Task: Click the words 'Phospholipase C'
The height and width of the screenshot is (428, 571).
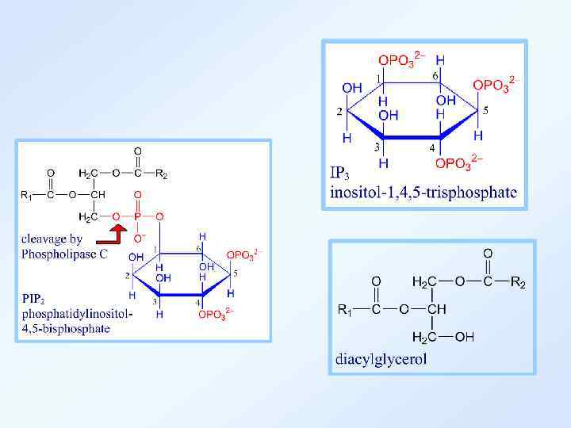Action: click(64, 254)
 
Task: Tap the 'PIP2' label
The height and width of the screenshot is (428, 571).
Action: click(36, 299)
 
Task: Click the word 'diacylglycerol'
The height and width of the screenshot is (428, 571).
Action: click(381, 358)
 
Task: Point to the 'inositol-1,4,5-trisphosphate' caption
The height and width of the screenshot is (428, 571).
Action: click(423, 191)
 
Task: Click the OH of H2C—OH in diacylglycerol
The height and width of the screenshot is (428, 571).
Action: click(465, 337)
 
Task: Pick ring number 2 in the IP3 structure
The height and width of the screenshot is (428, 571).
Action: click(339, 112)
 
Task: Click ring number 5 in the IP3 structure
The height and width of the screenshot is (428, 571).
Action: click(485, 110)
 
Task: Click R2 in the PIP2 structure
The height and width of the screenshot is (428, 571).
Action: click(161, 174)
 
